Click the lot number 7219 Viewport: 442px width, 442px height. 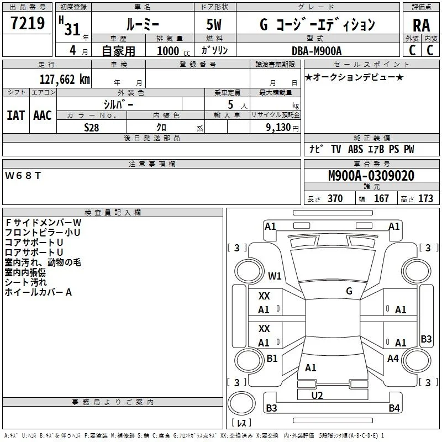click(x=28, y=23)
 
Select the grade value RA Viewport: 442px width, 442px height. click(x=422, y=25)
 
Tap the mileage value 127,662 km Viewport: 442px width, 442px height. click(x=65, y=80)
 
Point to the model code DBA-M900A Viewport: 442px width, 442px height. click(x=317, y=51)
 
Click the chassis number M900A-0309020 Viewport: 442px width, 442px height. click(x=371, y=176)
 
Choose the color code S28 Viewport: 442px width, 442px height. click(x=91, y=128)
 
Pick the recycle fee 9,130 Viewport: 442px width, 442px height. click(x=278, y=128)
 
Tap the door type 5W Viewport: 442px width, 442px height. click(x=214, y=24)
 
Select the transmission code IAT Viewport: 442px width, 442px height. click(x=16, y=115)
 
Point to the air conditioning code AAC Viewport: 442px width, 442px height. click(x=43, y=115)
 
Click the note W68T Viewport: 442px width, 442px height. click(x=23, y=176)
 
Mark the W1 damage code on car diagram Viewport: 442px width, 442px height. click(x=275, y=276)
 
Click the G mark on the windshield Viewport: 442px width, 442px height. click(x=349, y=291)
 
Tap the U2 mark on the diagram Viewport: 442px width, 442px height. click(x=317, y=396)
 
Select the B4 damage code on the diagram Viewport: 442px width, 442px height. click(x=394, y=408)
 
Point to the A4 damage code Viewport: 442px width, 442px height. click(x=393, y=358)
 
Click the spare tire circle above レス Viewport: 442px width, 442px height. click(x=241, y=403)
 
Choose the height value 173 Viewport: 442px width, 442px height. click(x=425, y=198)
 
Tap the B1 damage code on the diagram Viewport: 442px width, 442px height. click(x=272, y=358)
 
